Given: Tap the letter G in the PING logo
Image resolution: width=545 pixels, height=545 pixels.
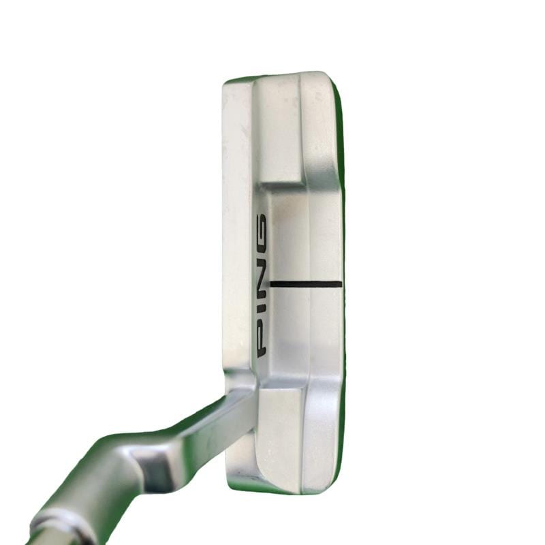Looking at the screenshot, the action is (262, 228).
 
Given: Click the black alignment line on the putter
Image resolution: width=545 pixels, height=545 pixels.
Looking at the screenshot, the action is (305, 284).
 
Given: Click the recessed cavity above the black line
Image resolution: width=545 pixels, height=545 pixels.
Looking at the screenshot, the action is (288, 236).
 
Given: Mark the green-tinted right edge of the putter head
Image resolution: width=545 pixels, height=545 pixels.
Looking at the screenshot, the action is (341, 278).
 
